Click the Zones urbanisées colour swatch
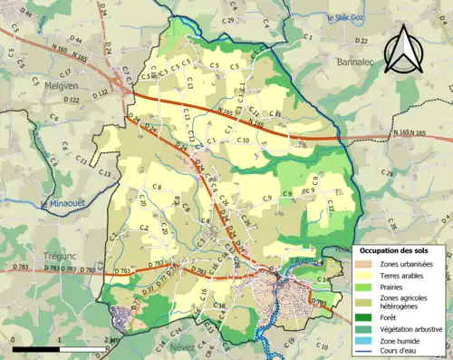click(x=367, y=264)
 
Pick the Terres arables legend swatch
click(x=367, y=277)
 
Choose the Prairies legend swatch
click(x=367, y=289)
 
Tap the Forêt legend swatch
click(x=367, y=316)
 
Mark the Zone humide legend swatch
click(x=367, y=342)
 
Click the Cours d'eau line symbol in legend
click(x=367, y=354)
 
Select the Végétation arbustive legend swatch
click(x=367, y=328)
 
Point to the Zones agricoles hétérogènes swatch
click(x=367, y=303)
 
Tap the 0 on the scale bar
click(x=14, y=340)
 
